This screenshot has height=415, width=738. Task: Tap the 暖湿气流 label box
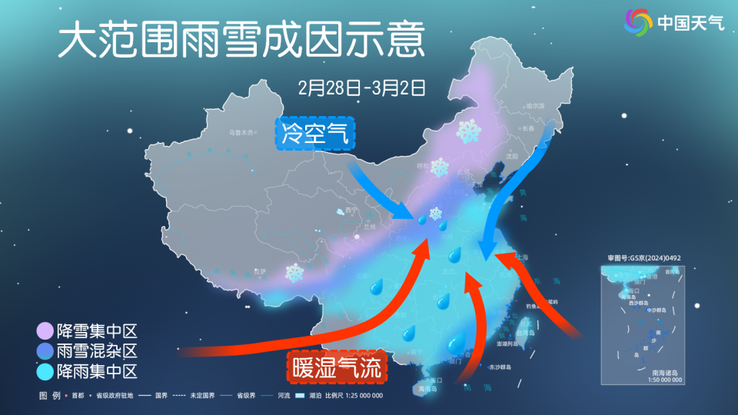coord(337,368)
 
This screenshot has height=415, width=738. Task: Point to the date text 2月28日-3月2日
coord(361,87)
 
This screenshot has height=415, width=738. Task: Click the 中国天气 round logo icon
coord(637,21)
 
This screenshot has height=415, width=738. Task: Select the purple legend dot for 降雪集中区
coord(45,332)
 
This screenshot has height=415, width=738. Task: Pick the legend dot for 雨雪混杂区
coord(45,352)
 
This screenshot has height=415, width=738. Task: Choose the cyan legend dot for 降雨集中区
coord(45,372)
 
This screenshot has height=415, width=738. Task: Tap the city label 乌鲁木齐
coord(241,133)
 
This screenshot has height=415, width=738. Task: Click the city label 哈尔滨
coord(535,105)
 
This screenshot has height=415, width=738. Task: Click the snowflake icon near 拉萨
coord(294,272)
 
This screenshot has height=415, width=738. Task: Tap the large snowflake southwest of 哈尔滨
coord(467,131)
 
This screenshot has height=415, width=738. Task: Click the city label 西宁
coord(352,209)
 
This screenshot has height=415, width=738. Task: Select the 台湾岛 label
coord(525,334)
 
